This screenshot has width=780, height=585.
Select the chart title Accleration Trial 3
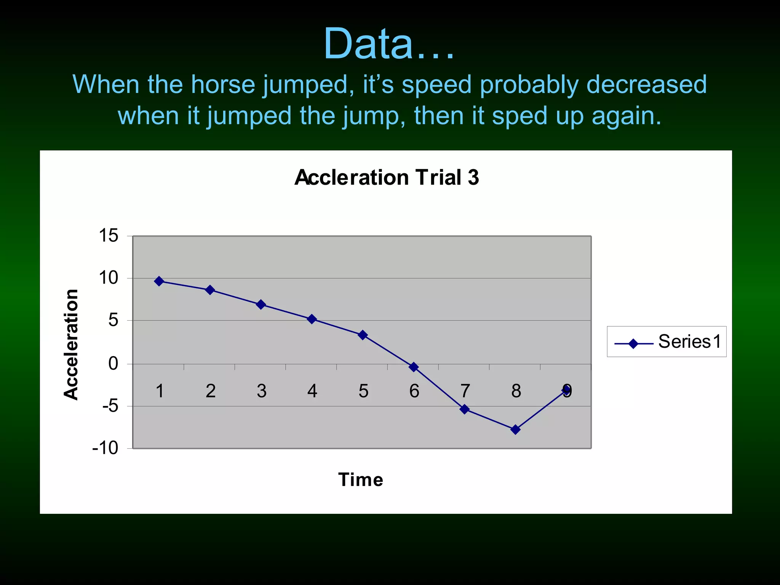(x=387, y=177)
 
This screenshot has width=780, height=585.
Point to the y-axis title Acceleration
(x=71, y=344)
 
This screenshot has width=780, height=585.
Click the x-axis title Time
(x=360, y=480)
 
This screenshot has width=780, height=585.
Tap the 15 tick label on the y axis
(x=109, y=236)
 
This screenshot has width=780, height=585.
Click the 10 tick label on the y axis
(x=109, y=278)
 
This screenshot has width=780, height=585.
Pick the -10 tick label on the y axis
(x=105, y=448)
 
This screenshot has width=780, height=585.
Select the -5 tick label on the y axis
(x=110, y=406)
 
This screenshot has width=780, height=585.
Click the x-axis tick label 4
(x=312, y=391)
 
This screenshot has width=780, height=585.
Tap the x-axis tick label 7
(x=465, y=391)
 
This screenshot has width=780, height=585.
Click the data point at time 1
(x=159, y=281)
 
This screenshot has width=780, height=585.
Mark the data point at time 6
(x=414, y=367)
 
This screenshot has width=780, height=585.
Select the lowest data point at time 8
(x=515, y=430)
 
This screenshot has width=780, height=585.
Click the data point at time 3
(x=261, y=304)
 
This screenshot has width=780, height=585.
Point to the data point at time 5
(x=363, y=335)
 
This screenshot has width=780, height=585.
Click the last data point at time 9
(x=567, y=389)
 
